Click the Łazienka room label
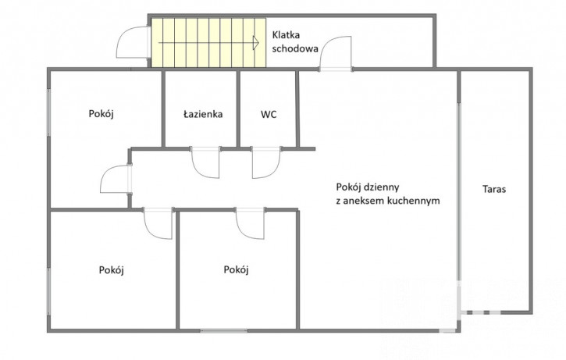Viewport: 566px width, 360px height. coord(203,115)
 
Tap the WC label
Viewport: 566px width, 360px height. coord(269,115)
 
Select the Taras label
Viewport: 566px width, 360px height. coord(494,189)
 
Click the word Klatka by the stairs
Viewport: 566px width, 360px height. coord(286,35)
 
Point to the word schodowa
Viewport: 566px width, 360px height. coord(295,48)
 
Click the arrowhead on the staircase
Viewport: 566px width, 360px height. coord(256,43)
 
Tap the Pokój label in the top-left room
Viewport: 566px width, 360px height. coord(101,114)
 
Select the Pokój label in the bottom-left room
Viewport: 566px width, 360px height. coord(111,270)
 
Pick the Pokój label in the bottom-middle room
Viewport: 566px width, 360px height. coord(236,269)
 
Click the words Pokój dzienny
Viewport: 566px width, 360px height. coord(368,187)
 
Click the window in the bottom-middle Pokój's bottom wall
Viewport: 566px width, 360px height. coord(224,330)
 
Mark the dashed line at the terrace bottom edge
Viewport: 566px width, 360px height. coord(480,312)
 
